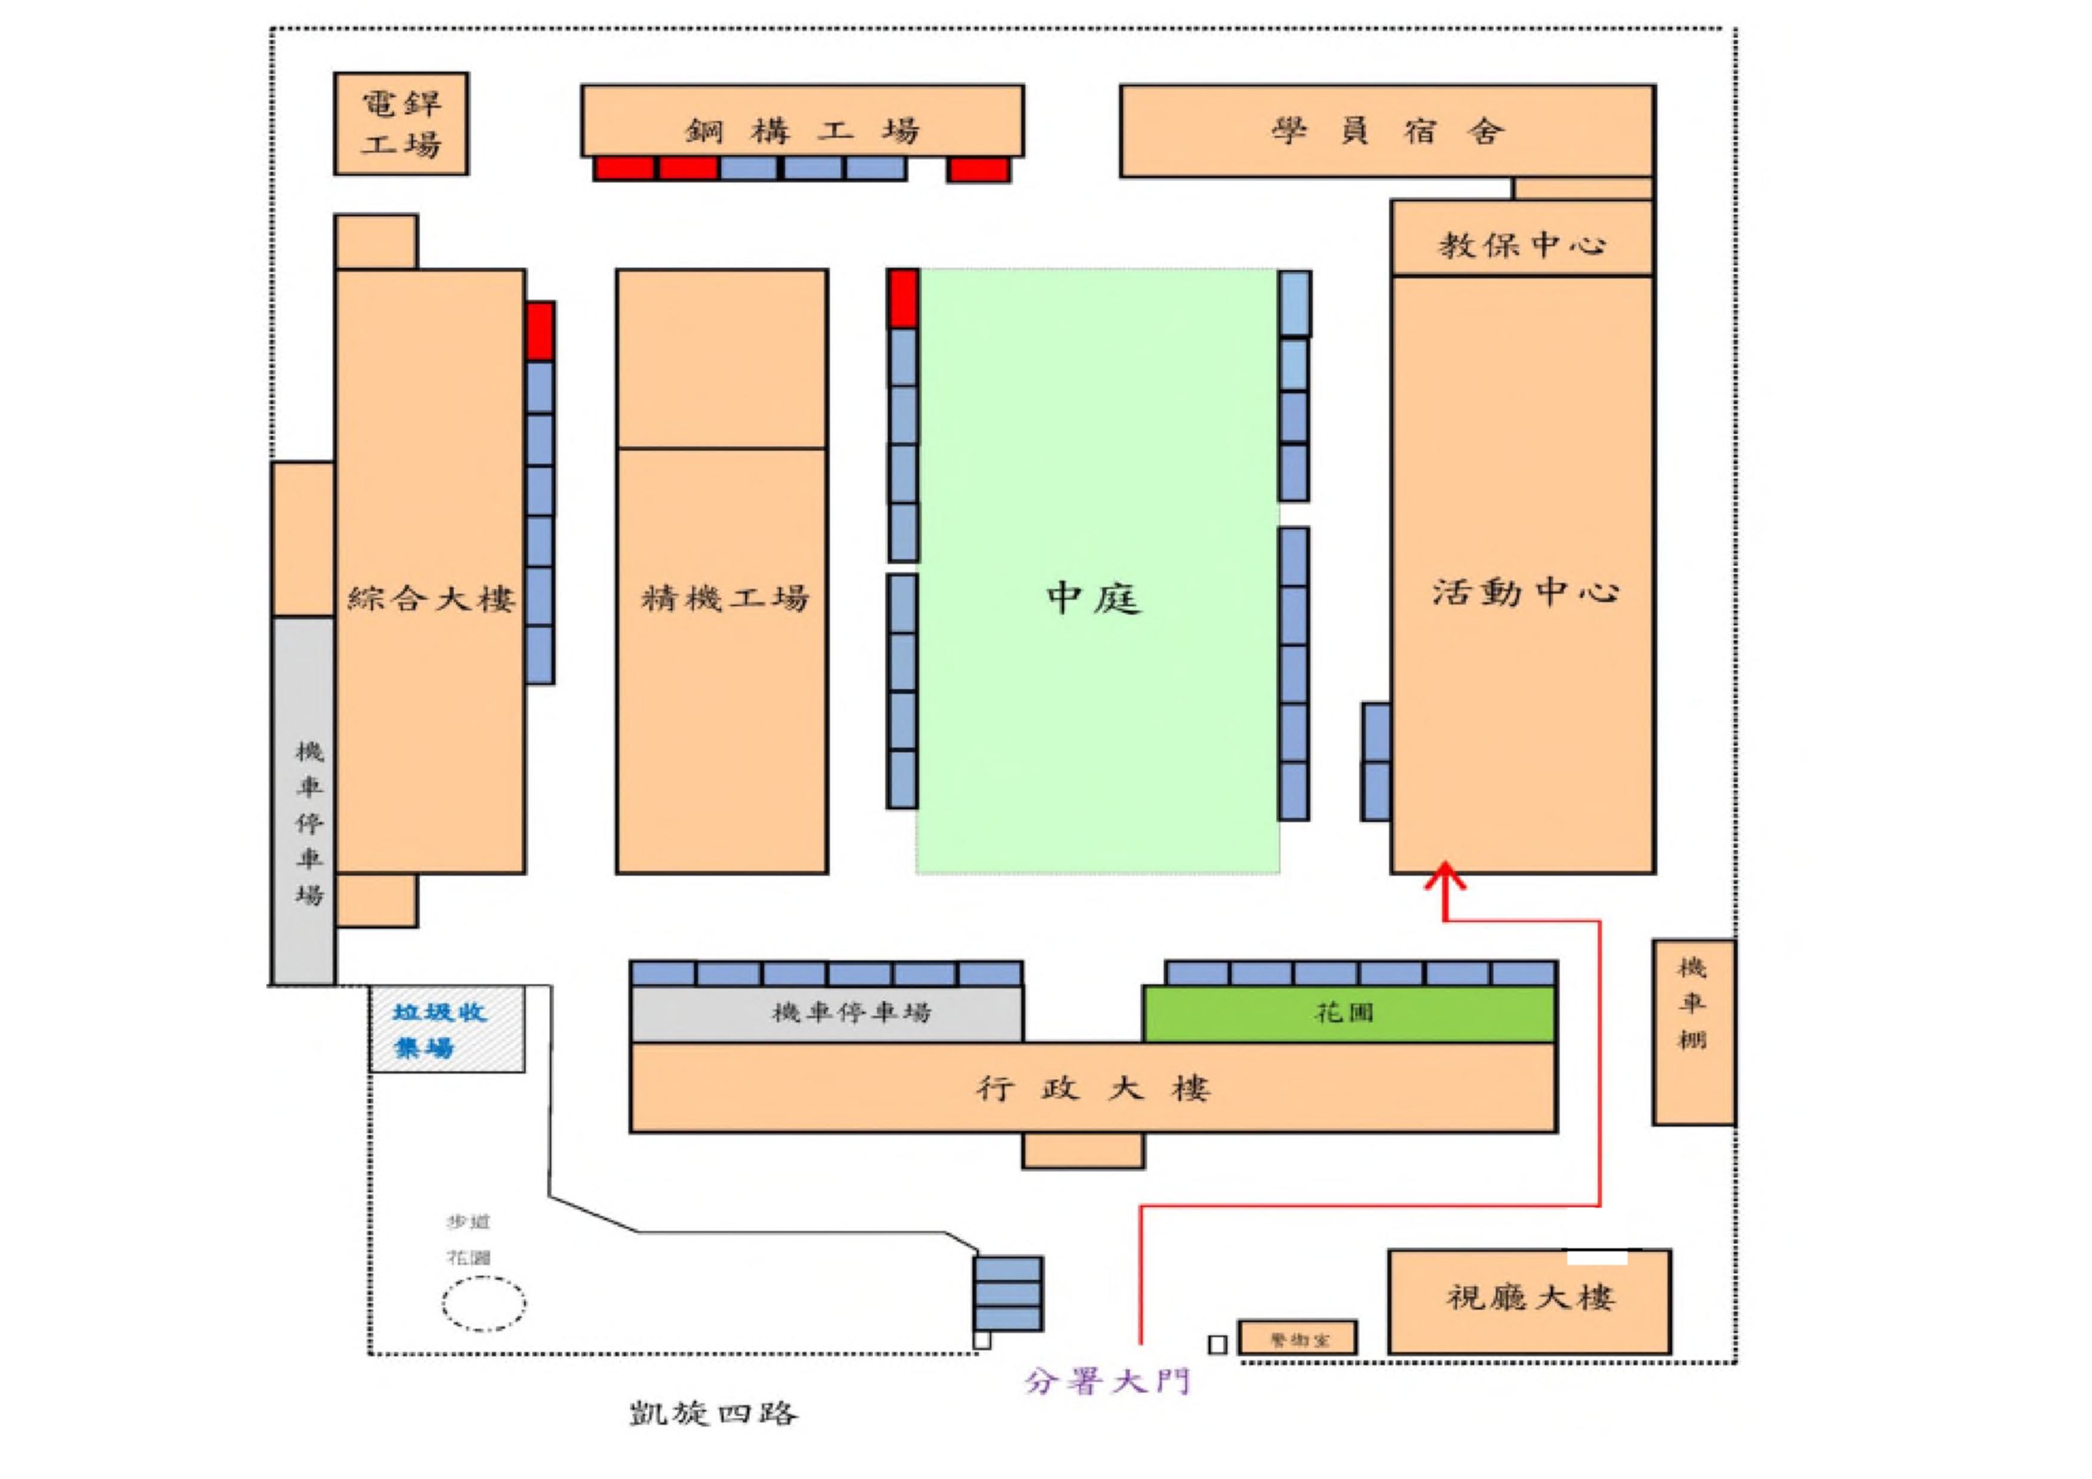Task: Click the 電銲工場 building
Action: click(x=401, y=124)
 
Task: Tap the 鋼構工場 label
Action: click(x=802, y=131)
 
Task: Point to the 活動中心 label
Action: click(x=1525, y=593)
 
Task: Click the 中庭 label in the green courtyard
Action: click(x=1093, y=599)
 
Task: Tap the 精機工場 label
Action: click(x=724, y=599)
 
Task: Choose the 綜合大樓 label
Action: click(x=431, y=599)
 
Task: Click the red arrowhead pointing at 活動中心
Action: click(x=1444, y=877)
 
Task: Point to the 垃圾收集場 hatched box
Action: click(x=447, y=1029)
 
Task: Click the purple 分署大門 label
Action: click(x=1108, y=1381)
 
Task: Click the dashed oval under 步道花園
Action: click(x=484, y=1303)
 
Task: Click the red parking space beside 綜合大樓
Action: click(x=540, y=331)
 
